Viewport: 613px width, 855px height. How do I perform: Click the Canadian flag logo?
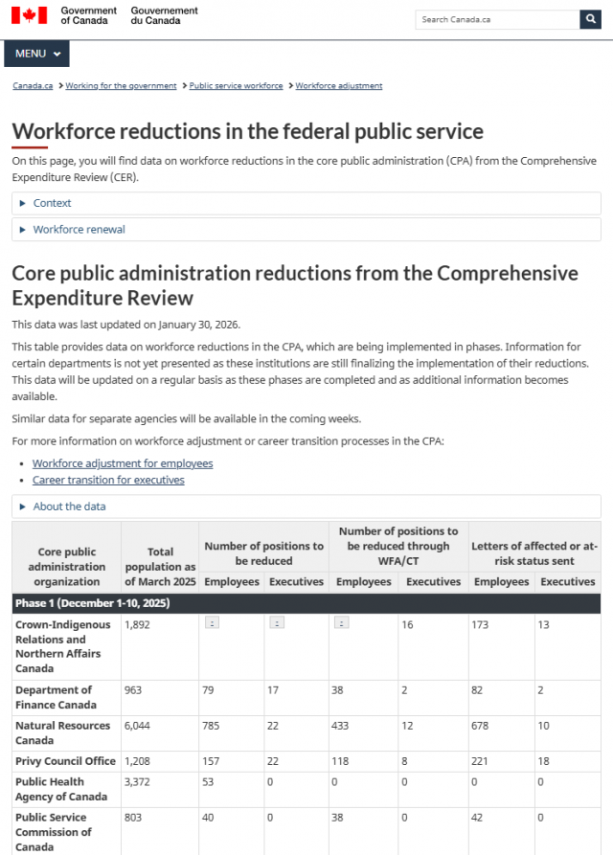click(x=29, y=15)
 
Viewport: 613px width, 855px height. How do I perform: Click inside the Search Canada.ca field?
click(x=497, y=19)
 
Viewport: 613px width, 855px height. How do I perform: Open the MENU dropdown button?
click(x=36, y=54)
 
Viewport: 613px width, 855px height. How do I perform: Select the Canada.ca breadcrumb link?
click(x=33, y=86)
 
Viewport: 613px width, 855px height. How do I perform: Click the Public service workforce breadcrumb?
click(x=236, y=86)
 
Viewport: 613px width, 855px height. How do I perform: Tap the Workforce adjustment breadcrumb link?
click(x=338, y=86)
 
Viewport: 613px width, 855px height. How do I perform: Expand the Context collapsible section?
click(x=52, y=203)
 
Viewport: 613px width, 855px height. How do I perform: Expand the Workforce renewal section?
click(x=79, y=230)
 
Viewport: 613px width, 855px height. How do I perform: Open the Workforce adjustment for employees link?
click(x=123, y=463)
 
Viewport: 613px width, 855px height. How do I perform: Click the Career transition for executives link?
click(x=108, y=480)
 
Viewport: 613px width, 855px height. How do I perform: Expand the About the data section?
click(x=69, y=506)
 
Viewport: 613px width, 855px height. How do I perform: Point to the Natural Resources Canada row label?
click(x=62, y=732)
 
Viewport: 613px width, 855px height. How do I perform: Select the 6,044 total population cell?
click(x=138, y=726)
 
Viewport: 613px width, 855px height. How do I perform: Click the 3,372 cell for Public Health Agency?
click(x=138, y=782)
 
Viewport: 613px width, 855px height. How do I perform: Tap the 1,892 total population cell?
click(x=138, y=624)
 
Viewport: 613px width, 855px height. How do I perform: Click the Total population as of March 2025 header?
click(x=160, y=567)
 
